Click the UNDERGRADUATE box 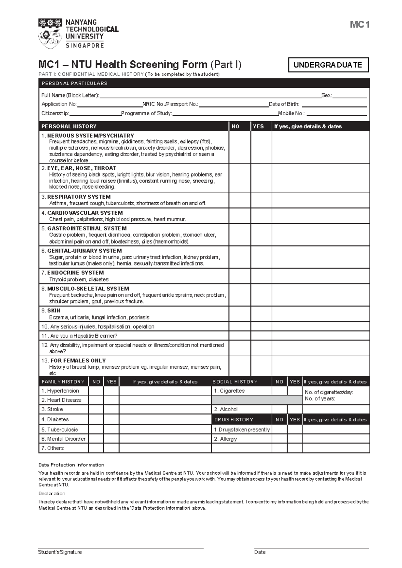click(x=328, y=65)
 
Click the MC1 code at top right click(x=359, y=25)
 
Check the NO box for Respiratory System click(x=240, y=200)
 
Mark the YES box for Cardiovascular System click(x=261, y=216)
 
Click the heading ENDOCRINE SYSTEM click(x=75, y=273)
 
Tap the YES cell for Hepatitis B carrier click(x=261, y=336)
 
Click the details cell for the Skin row click(x=320, y=314)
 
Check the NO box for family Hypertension click(x=96, y=391)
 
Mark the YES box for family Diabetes click(x=111, y=419)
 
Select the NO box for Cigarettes click(x=279, y=391)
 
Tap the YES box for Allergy click(x=294, y=439)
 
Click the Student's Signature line click(x=121, y=548)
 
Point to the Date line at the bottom click(x=311, y=548)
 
